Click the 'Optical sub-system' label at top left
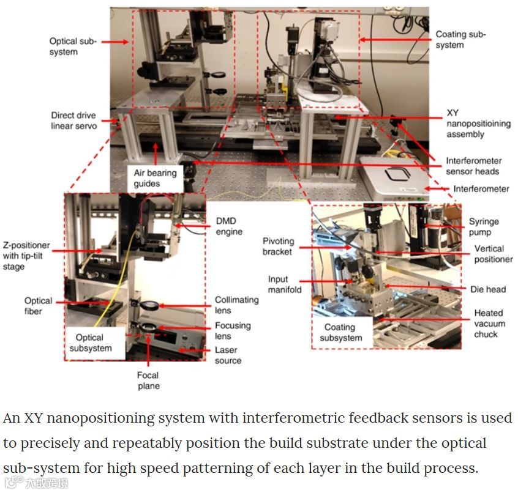[73, 47]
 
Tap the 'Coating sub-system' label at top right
[460, 40]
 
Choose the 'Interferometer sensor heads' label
[472, 166]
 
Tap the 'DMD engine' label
[230, 226]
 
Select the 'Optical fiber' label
[38, 306]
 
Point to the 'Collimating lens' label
[236, 305]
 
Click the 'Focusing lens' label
[232, 331]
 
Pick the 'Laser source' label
[228, 355]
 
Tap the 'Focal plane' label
[148, 380]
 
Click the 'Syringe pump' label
[484, 227]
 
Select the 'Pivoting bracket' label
[278, 247]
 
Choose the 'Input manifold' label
[285, 284]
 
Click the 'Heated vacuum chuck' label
[489, 324]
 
